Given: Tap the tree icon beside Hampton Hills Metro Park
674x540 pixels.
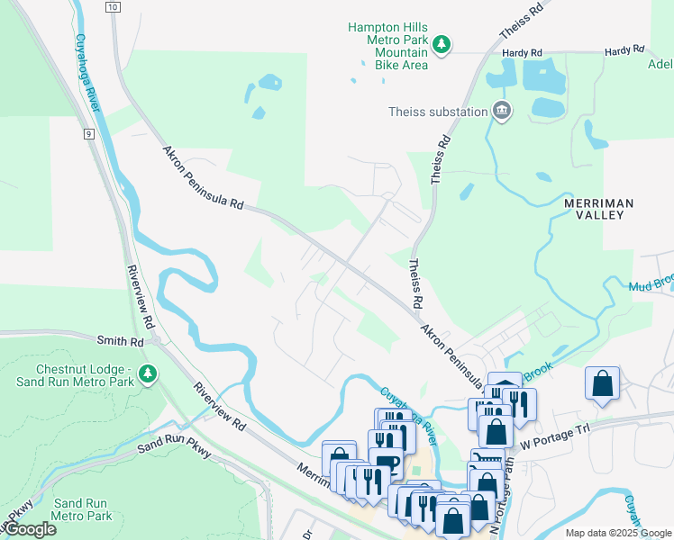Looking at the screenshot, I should [442, 44].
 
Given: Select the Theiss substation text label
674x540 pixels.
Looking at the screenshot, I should [437, 112].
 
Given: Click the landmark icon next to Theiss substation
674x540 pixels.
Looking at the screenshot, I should [502, 112].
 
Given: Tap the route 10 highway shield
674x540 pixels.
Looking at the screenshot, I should [112, 7].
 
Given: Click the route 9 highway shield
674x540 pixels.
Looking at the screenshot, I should [89, 134].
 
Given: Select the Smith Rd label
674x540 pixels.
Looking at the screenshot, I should [121, 342].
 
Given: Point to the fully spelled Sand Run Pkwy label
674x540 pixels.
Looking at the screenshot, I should [174, 447].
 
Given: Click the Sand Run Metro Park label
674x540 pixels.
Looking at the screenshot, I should [82, 509].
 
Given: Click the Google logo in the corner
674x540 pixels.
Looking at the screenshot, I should [30, 529].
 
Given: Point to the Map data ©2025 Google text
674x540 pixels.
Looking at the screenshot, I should [617, 533].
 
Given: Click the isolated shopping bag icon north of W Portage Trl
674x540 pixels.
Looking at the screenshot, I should [602, 382].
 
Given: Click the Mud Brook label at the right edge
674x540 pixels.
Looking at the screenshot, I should [651, 285].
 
